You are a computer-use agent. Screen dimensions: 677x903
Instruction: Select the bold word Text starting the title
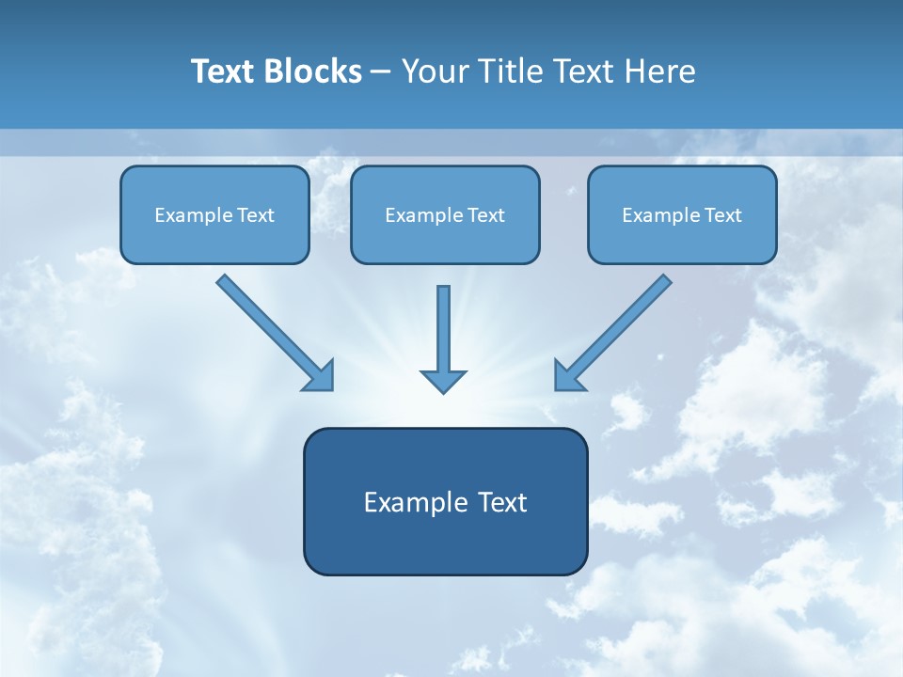coord(224,71)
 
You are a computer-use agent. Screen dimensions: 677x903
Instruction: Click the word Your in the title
coord(435,71)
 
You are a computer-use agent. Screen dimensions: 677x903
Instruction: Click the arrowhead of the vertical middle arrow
coord(443,381)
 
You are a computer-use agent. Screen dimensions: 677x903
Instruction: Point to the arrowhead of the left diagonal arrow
coord(320,376)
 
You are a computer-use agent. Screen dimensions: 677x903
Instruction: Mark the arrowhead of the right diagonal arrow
coord(568,376)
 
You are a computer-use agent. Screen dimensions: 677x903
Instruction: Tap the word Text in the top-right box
coord(723,215)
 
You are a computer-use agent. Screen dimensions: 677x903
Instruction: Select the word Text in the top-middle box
coord(486,215)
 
